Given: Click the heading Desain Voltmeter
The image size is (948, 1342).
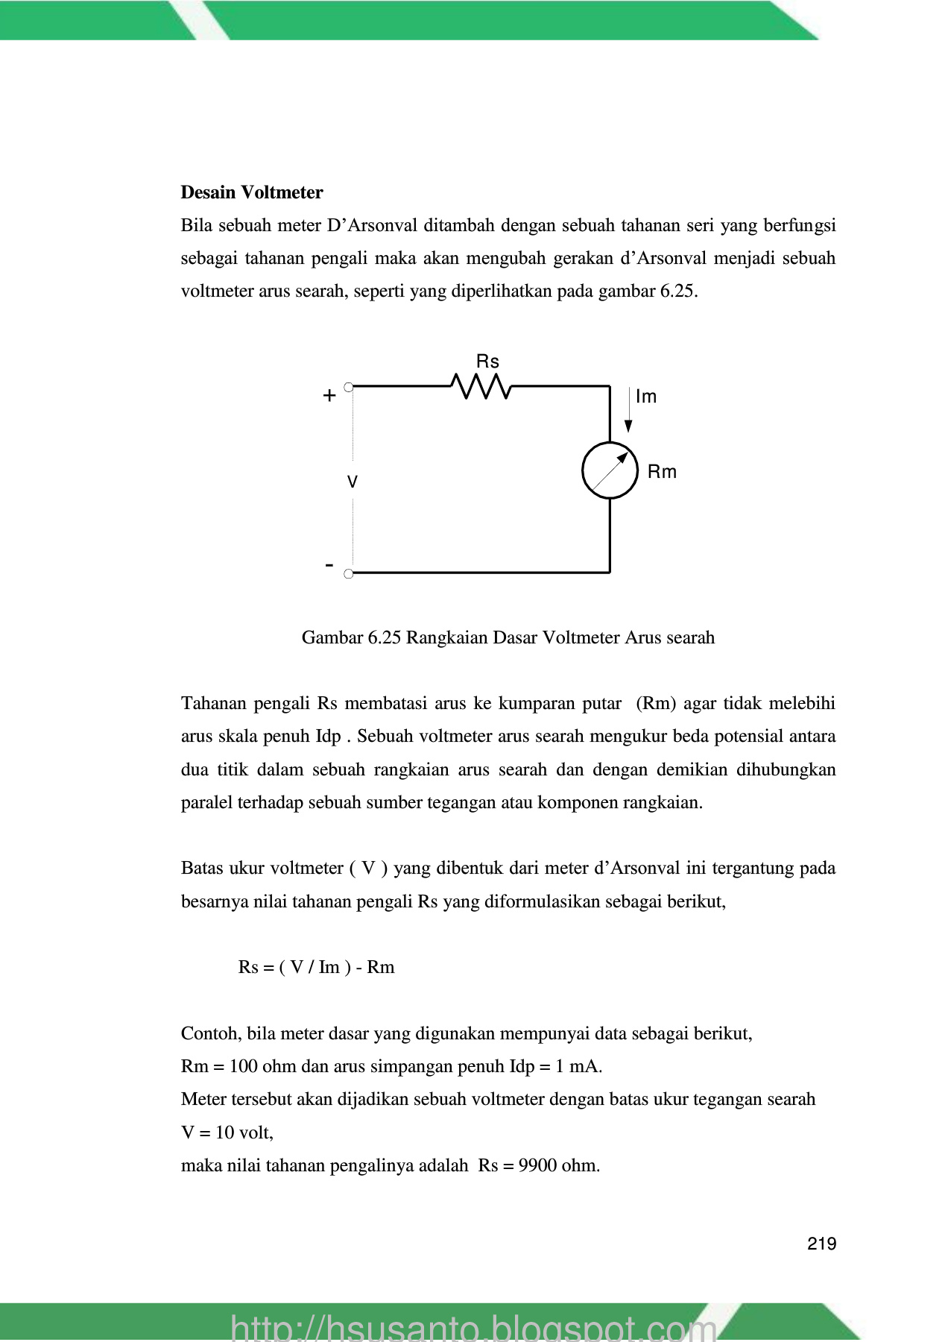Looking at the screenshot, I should pos(251,192).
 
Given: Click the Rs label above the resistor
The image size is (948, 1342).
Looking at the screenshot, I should pos(487,362).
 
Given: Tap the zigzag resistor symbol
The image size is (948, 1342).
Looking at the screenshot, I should pos(481,386).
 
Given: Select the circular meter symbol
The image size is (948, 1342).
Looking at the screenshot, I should pos(610,470).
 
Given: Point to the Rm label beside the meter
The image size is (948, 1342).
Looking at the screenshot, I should pos(662,472).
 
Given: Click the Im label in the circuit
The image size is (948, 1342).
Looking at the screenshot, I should pos(646,397).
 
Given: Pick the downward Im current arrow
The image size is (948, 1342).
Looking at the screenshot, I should pos(628,410).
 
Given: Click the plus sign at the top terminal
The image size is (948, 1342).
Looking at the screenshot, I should pos(329,396).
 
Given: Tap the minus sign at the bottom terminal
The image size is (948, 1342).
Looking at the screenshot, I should pos(329,566).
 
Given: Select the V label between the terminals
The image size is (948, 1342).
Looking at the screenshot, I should pos(353,482).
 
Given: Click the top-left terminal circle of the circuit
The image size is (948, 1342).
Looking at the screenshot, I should pos(348,386).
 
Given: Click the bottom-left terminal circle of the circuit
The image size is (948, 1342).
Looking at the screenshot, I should pos(348,573).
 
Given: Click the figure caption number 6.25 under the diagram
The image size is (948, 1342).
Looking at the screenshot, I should pos(385,637).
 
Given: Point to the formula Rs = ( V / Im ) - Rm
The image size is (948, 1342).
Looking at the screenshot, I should pos(316,967).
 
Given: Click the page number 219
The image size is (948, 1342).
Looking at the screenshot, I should pos(821,1244).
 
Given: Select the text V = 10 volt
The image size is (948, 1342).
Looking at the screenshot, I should pos(227,1132).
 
